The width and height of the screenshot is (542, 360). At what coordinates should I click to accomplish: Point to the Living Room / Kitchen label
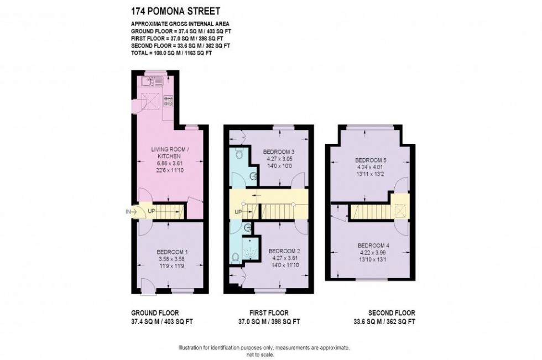[168, 153]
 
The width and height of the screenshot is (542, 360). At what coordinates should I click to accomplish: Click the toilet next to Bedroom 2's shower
[236, 257]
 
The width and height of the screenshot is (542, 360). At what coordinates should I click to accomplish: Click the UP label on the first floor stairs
[238, 212]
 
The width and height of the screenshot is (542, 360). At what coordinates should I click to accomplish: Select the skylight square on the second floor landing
[398, 212]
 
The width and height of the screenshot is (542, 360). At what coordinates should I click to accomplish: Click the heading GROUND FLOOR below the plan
[154, 313]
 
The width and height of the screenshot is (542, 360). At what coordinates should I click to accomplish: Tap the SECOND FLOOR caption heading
[392, 313]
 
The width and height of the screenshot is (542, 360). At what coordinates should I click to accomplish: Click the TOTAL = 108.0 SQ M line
[171, 53]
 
